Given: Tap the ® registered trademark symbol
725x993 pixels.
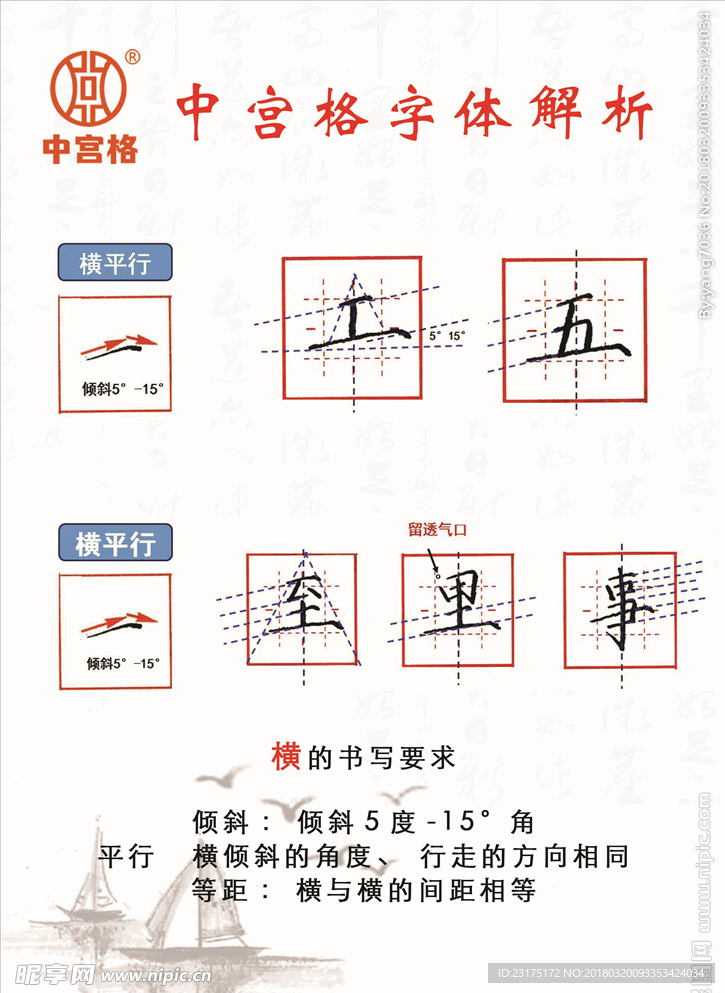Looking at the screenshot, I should pos(134,58).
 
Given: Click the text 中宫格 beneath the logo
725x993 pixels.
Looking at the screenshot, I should pos(91,149).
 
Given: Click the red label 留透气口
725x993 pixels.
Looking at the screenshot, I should pos(437,532).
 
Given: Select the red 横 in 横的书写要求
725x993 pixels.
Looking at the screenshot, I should pos(286,757).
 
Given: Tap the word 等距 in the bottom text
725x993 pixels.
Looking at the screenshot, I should pos(217,889).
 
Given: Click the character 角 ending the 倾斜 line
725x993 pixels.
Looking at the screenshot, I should pos(522,823).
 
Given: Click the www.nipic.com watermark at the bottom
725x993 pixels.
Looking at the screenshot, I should pos(137,973).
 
